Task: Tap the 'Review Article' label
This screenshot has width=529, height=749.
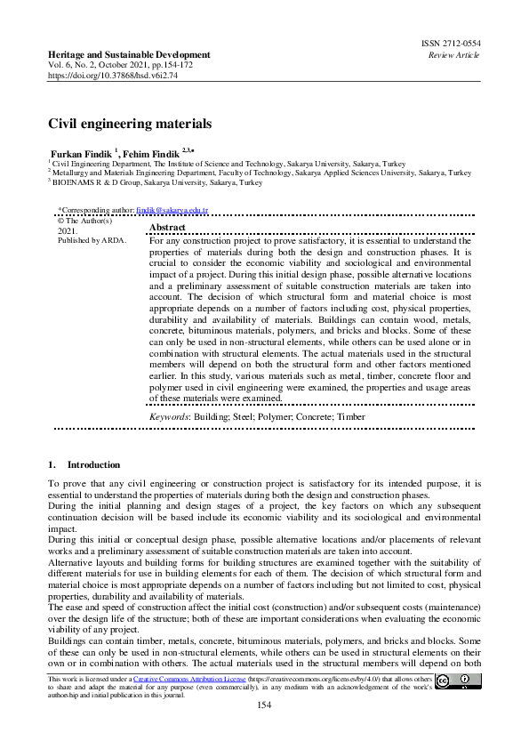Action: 453,55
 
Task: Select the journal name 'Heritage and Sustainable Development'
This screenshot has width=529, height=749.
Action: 129,55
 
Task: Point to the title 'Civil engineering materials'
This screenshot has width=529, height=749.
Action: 129,124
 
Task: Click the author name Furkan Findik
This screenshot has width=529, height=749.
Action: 81,153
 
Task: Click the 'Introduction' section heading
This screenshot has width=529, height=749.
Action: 93,463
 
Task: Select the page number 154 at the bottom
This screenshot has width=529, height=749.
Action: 264,705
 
